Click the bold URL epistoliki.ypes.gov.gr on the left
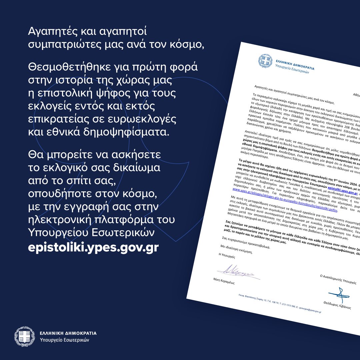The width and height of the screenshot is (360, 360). pyautogui.click(x=93, y=248)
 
